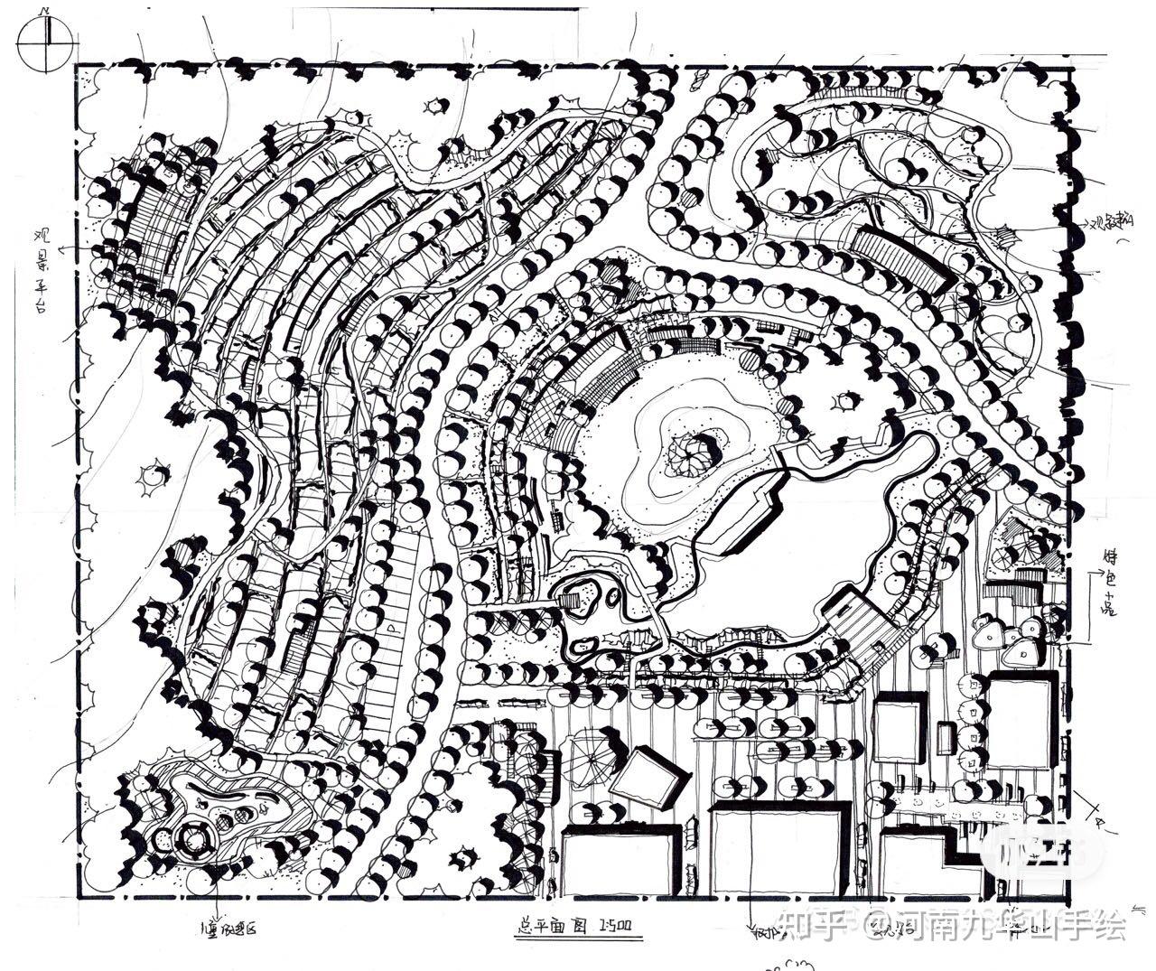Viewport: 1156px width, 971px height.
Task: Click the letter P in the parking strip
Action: (390, 624)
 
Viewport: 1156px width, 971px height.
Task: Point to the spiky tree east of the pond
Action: (845, 399)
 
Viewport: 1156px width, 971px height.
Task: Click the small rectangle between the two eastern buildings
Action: (946, 738)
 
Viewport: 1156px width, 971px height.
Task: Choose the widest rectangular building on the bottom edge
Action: (779, 849)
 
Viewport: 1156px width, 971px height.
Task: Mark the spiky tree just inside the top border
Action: (437, 106)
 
